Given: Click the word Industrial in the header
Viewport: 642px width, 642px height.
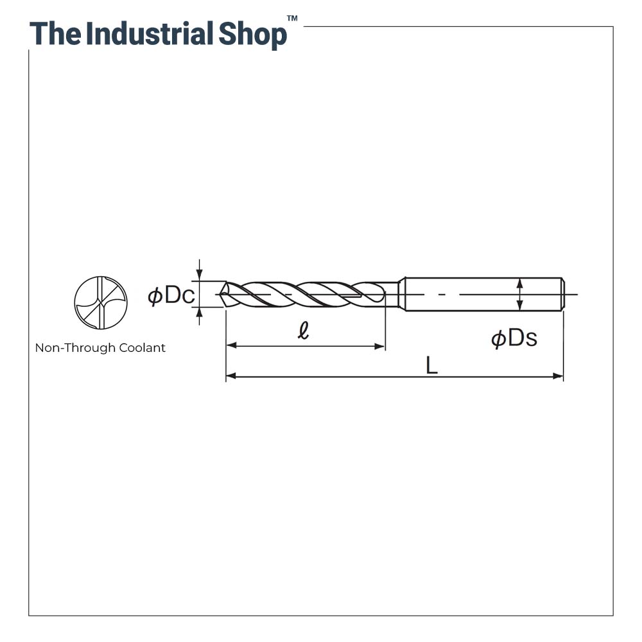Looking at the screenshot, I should (x=149, y=33).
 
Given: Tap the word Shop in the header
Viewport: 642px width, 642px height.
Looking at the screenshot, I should (x=252, y=35).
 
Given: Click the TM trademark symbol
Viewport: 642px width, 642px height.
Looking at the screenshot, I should (x=292, y=19).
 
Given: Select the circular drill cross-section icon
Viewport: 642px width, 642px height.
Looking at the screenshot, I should (x=101, y=303).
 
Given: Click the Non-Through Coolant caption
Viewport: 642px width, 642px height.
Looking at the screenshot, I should (x=100, y=348).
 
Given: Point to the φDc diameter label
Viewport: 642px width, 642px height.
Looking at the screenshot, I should (x=171, y=295).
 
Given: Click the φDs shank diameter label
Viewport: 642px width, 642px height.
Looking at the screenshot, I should (x=514, y=338).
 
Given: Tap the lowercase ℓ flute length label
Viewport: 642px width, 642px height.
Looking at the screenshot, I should (x=304, y=331).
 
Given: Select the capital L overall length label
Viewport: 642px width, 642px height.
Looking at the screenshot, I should (x=431, y=366).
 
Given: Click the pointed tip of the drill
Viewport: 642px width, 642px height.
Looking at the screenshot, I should (x=221, y=295).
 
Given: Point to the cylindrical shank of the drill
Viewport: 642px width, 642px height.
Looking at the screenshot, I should (x=481, y=294).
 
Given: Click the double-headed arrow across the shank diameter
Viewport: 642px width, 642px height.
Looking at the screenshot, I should (x=519, y=294).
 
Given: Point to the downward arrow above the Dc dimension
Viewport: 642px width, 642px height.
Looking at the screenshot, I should (x=200, y=275).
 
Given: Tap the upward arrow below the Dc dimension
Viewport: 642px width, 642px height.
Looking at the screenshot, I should (x=200, y=313).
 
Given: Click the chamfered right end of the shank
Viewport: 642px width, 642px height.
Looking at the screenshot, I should (x=563, y=294).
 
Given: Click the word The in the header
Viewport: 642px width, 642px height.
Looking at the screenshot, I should (x=56, y=33).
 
